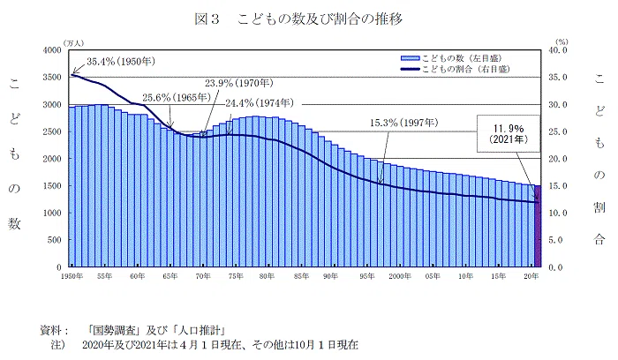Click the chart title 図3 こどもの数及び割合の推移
(298, 19)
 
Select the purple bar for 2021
(538, 226)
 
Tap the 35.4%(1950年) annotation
(121, 62)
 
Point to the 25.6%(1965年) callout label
(177, 97)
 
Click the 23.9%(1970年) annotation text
(239, 83)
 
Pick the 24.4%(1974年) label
(260, 103)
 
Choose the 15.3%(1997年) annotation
(404, 123)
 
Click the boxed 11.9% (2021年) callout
(508, 133)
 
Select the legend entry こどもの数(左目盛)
(451, 58)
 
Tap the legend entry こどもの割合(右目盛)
(456, 70)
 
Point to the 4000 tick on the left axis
(52, 50)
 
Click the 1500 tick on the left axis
(52, 186)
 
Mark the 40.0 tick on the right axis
(558, 50)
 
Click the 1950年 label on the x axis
(72, 276)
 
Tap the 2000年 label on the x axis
(400, 276)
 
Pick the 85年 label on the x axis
(301, 276)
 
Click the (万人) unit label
(73, 43)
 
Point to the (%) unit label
(561, 41)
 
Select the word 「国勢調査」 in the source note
(115, 330)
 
